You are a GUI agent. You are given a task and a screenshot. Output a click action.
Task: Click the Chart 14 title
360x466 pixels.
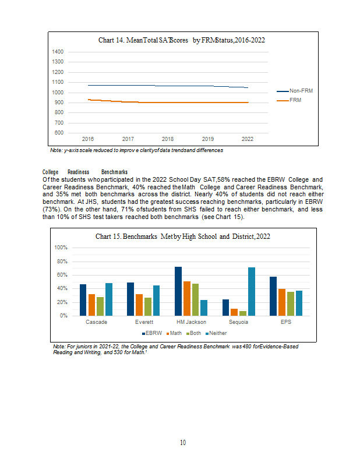[182, 40]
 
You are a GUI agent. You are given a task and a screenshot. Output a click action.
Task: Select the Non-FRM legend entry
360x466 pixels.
[295, 91]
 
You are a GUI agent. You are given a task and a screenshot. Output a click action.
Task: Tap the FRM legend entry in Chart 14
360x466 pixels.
[289, 100]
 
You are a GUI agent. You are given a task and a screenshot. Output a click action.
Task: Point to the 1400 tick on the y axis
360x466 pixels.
[58, 52]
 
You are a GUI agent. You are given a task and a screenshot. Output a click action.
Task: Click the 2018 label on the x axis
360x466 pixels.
[168, 139]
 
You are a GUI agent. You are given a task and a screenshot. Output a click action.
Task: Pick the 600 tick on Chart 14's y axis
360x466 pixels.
[59, 133]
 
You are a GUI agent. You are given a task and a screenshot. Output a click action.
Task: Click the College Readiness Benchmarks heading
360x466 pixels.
[85, 172]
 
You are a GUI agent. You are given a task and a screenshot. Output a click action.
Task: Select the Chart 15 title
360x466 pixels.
[183, 236]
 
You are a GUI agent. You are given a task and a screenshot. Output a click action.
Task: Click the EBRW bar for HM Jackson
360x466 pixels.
[178, 291]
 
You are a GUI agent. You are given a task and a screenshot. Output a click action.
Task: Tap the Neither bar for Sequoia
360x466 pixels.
[252, 292]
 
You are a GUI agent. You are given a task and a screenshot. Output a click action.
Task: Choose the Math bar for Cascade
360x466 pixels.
[91, 305]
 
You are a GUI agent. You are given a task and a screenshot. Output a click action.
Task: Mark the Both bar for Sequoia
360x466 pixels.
[243, 313]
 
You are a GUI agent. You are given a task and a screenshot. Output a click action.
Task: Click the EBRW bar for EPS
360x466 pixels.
[273, 296]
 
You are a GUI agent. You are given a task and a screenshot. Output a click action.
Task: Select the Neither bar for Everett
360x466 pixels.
[156, 301]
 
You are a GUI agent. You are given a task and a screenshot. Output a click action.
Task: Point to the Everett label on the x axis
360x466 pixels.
[144, 322]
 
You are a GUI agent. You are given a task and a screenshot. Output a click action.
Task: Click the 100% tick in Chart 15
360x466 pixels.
[61, 248]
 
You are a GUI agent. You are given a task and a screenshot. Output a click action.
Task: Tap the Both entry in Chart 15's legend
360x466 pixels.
[193, 333]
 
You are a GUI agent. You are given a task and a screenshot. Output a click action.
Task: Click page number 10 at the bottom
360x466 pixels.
[183, 443]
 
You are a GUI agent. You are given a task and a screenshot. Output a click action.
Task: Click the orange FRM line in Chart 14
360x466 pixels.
[168, 103]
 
